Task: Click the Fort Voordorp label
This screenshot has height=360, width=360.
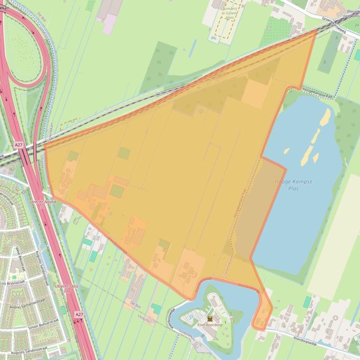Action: click(210, 324)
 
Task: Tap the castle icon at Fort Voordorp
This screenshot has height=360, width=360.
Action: click(210, 318)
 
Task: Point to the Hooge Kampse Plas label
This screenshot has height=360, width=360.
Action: click(293, 184)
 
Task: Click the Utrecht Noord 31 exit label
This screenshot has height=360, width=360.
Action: click(43, 204)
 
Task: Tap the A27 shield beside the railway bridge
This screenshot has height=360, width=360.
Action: click(19, 145)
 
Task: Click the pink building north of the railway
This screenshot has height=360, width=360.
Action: click(110, 23)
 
